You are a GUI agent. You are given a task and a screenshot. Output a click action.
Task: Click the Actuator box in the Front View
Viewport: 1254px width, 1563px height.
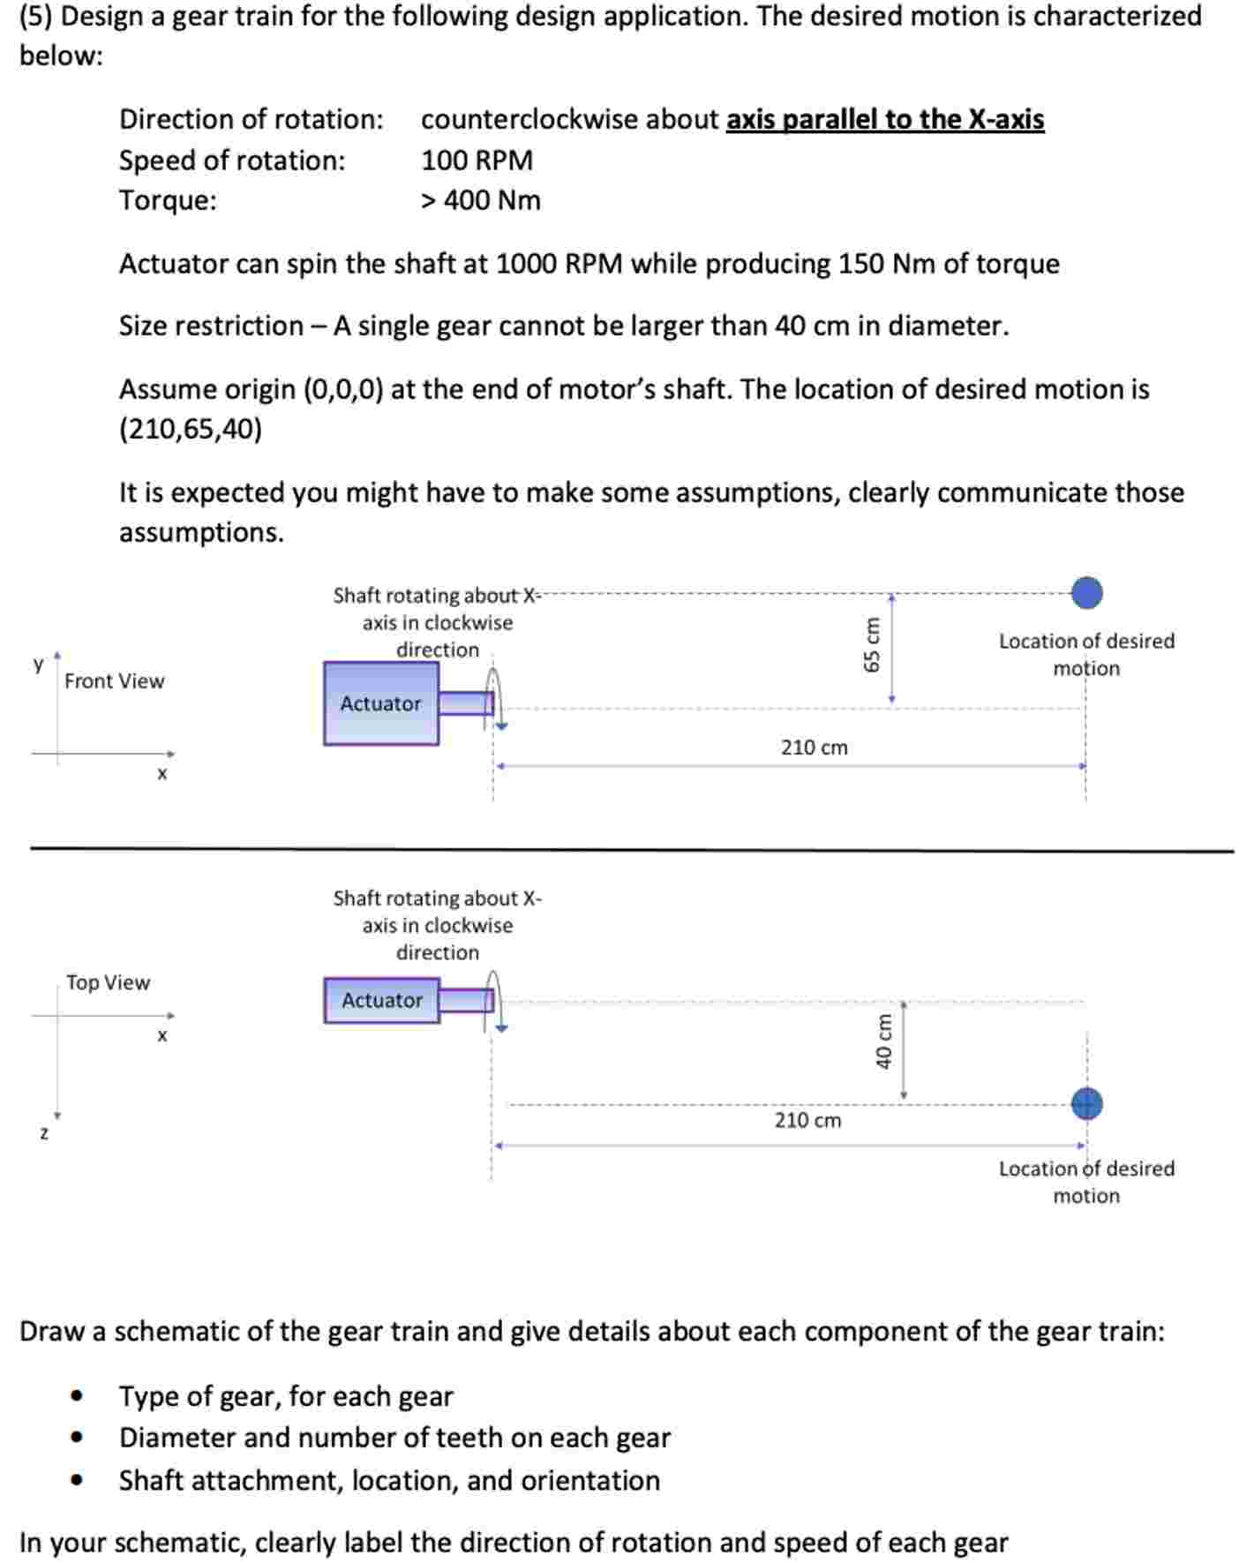click(380, 703)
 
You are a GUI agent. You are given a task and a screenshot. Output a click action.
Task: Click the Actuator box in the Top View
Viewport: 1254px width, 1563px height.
click(381, 1000)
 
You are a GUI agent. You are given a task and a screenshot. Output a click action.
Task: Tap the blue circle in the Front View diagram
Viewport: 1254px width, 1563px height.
click(1086, 593)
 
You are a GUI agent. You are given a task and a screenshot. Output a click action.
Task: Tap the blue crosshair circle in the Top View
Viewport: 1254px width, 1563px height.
click(1086, 1103)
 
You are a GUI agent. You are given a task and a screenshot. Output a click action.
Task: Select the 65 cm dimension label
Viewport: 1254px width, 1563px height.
click(872, 644)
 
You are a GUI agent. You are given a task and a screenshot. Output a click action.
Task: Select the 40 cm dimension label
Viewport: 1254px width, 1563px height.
click(883, 1041)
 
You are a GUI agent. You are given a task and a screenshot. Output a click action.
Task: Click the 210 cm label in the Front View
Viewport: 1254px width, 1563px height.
click(814, 748)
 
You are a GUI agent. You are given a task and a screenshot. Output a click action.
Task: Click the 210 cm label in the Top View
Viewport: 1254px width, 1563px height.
click(807, 1120)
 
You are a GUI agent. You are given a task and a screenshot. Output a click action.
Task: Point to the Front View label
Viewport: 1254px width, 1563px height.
click(114, 681)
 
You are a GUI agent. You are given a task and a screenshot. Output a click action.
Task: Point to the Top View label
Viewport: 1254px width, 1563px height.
click(108, 982)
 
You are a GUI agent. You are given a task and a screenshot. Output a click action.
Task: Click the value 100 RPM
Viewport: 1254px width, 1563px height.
click(477, 161)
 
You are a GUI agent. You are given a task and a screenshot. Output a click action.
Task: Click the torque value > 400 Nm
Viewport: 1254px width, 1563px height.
click(480, 200)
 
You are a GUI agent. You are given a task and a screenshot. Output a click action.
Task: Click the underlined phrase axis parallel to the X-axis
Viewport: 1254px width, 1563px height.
click(884, 119)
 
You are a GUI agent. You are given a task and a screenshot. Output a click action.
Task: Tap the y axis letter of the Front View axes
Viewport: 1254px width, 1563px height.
click(38, 663)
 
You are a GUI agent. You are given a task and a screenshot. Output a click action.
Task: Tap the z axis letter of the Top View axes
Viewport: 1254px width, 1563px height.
click(43, 1133)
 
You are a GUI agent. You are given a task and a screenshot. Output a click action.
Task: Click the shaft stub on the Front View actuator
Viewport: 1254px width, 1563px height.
click(465, 703)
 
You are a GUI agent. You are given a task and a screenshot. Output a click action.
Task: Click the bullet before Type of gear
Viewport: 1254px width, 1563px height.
click(78, 1396)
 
